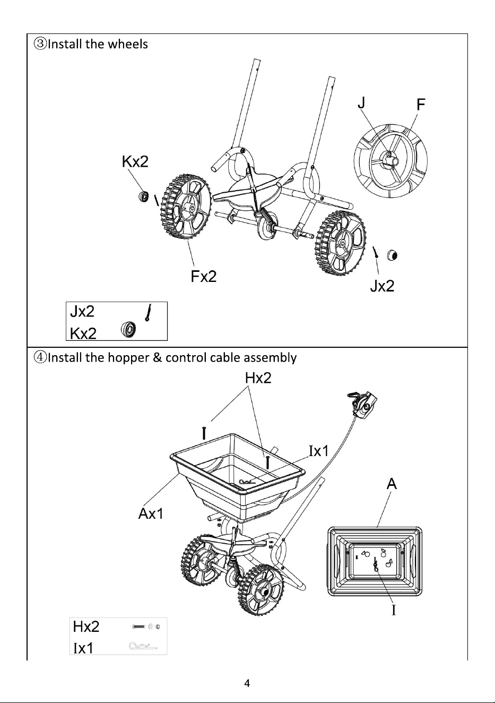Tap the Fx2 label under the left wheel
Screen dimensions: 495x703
tap(204, 277)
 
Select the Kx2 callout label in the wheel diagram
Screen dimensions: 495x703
tap(135, 162)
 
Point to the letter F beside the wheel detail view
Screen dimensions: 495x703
tap(421, 105)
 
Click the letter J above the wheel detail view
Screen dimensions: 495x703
tap(362, 102)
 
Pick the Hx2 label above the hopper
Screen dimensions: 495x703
tap(258, 378)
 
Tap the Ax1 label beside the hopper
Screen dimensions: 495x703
tap(151, 514)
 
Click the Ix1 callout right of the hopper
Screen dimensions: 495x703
tap(319, 451)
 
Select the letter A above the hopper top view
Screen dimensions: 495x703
tap(392, 484)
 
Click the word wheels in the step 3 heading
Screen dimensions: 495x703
tap(128, 44)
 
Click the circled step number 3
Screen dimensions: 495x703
tap(41, 44)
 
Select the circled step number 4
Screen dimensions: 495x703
tap(41, 357)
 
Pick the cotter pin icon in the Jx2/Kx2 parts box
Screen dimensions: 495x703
tap(149, 313)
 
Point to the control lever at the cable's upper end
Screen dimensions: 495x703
tap(362, 404)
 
